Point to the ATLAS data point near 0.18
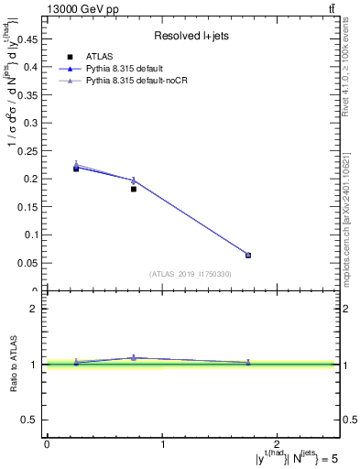(134, 189)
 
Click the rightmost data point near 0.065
(248, 255)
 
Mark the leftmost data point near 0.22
(76, 169)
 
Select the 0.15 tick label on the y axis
(29, 207)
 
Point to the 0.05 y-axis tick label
(29, 263)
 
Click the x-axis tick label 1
(163, 444)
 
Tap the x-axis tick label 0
(47, 444)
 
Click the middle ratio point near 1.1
(134, 358)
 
